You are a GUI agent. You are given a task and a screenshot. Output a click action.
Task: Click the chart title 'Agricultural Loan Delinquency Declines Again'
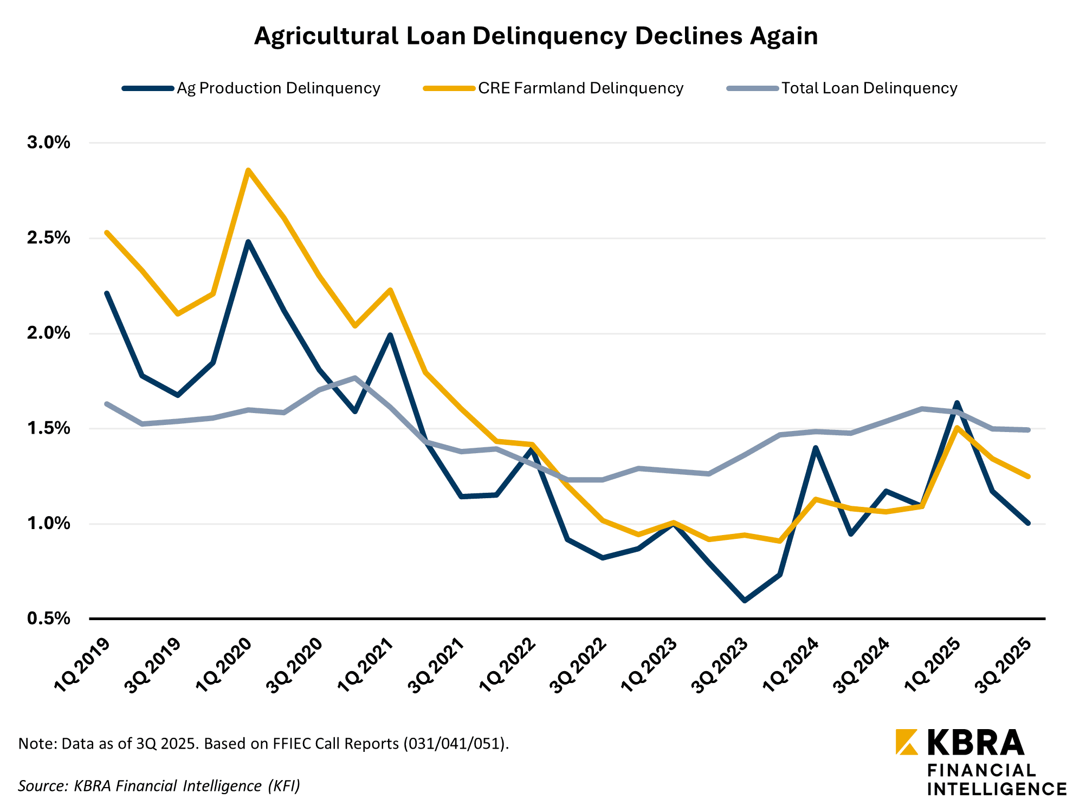535,36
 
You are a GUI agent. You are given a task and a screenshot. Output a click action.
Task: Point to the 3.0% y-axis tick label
49,143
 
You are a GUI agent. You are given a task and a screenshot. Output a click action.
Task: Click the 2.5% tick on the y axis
49,238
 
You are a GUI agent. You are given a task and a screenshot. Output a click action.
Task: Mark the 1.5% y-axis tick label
49,428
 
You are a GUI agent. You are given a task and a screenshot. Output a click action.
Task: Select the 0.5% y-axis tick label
49,619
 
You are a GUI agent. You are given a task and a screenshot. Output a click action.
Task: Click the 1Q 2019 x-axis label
83,664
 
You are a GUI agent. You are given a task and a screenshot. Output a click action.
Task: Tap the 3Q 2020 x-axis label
296,664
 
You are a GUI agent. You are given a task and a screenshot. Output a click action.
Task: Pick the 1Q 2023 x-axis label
650,664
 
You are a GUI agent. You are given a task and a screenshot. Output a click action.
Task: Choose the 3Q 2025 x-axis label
1004,664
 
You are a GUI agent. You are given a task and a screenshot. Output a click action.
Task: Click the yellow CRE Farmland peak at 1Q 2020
248,170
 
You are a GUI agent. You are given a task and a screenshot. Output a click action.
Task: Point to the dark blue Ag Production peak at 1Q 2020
248,242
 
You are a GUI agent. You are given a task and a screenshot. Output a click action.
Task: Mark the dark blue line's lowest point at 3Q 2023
745,601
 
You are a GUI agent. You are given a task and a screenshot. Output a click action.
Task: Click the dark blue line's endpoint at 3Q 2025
1027,523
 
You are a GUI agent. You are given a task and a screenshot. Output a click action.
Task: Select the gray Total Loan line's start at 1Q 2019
107,404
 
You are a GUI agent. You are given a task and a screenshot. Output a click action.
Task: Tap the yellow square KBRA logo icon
907,742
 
